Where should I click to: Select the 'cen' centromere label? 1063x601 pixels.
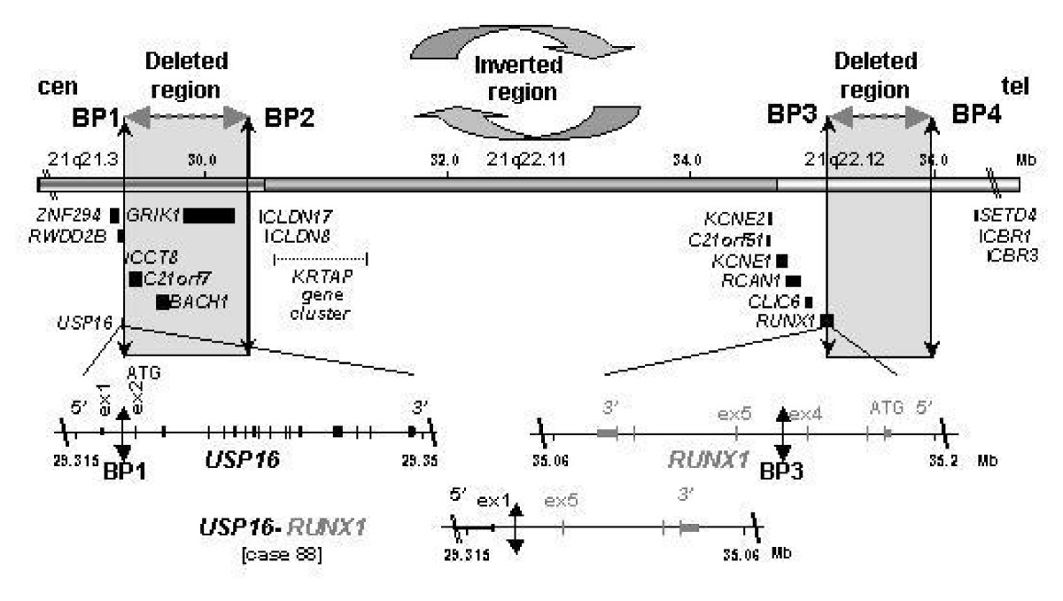55,90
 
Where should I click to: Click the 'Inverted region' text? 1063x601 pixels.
503,79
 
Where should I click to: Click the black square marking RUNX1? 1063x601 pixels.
826,320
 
